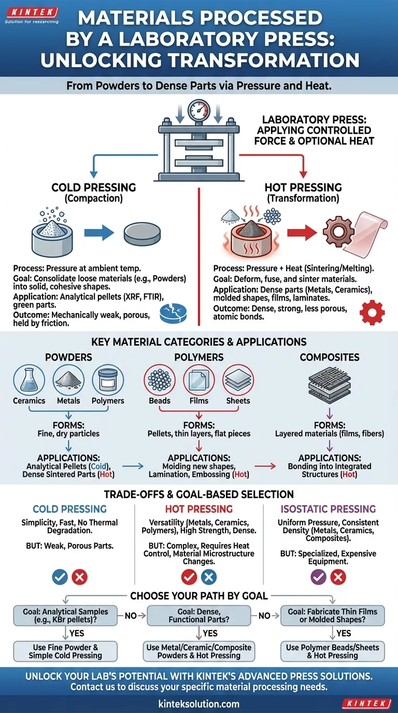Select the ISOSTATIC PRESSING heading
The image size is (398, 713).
328,509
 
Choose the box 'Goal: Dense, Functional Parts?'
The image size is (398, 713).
199,616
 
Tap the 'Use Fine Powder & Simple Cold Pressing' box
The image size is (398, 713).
65,651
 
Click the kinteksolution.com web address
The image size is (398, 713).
198,703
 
